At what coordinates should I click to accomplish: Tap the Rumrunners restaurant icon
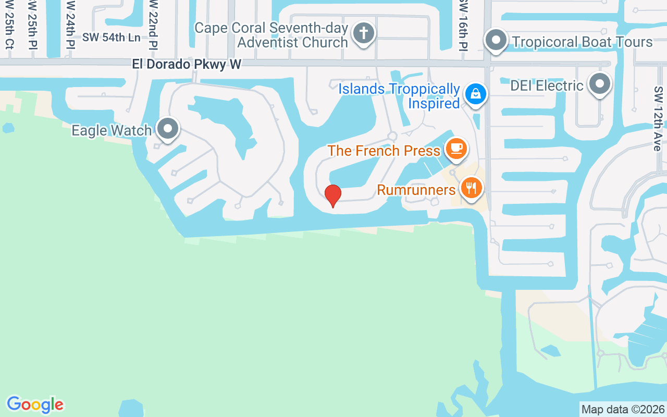tap(471, 188)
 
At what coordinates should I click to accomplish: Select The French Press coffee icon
tap(456, 148)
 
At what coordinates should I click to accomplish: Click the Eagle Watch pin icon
tap(168, 128)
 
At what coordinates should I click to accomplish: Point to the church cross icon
tap(363, 34)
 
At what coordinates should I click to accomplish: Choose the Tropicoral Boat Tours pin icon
tap(496, 40)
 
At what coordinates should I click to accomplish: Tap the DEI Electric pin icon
tap(600, 83)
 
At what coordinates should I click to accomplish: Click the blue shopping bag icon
tap(476, 94)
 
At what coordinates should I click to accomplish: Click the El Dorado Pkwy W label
tap(187, 64)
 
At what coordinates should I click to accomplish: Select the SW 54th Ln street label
tap(112, 38)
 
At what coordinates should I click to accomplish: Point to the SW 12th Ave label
tap(657, 119)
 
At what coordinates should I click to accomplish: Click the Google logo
tap(35, 404)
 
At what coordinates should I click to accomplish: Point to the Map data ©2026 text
tap(623, 409)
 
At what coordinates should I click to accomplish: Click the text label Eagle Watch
tap(112, 130)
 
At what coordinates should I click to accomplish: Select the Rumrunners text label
tap(416, 190)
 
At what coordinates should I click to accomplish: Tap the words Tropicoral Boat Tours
tap(582, 42)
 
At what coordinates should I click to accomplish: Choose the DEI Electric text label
tap(547, 85)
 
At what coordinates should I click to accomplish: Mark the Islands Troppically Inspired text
tap(399, 96)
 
